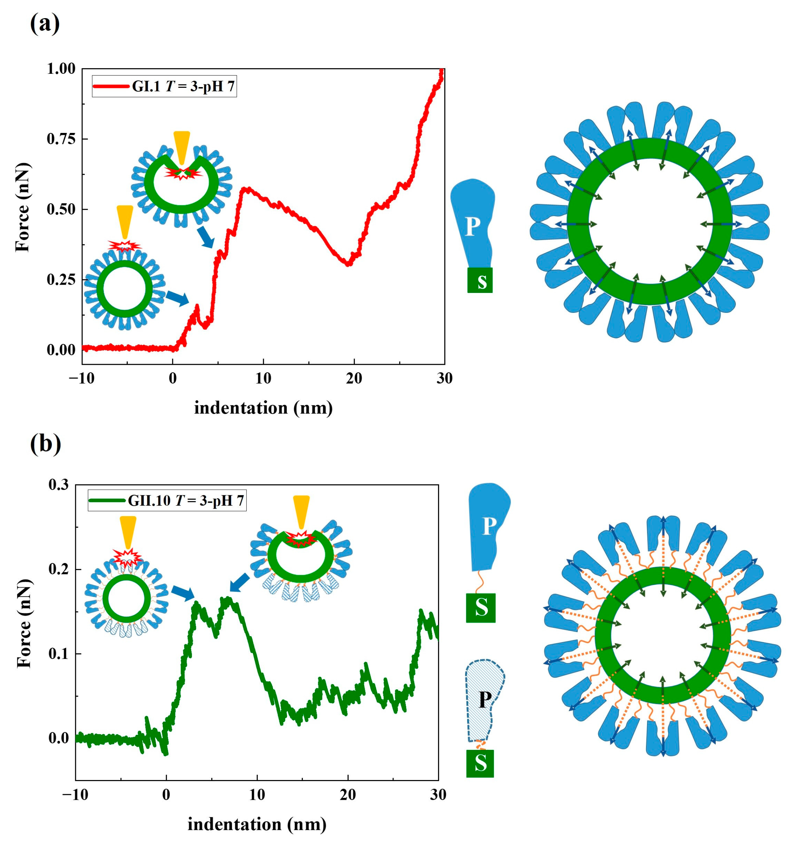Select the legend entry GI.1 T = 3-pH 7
(164, 87)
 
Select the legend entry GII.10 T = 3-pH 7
(167, 501)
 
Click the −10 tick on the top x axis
(82, 378)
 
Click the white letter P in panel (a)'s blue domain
(472, 227)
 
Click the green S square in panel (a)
(480, 280)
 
